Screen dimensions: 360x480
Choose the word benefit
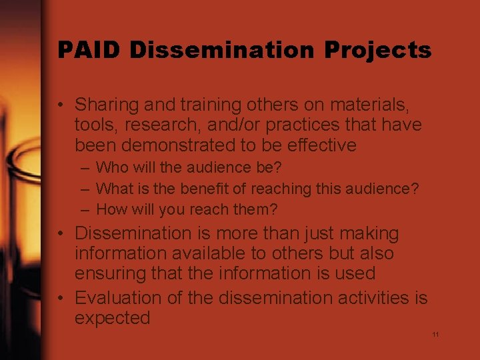pos(199,189)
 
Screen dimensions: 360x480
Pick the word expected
pos(112,318)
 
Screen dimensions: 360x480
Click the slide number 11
pos(435,334)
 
